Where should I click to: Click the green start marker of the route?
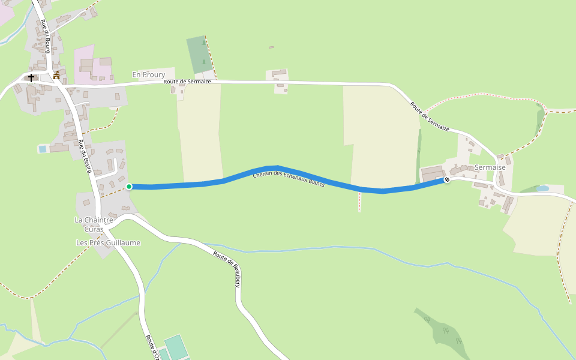tap(129, 187)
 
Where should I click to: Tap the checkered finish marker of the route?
tap(447, 179)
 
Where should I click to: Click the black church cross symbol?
tap(31, 77)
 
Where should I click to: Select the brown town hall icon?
tap(56, 76)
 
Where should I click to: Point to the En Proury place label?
tap(148, 74)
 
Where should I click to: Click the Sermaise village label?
tap(490, 167)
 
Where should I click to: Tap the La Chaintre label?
tap(94, 220)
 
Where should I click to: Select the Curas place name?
tap(94, 229)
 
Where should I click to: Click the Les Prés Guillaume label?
tap(108, 242)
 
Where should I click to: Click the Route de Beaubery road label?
tap(227, 269)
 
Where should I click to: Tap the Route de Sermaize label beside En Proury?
tap(187, 82)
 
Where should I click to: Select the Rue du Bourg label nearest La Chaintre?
tap(85, 157)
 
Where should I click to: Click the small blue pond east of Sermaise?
tap(542, 188)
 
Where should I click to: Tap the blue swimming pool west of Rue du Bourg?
tap(42, 149)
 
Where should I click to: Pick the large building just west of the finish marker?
tap(432, 174)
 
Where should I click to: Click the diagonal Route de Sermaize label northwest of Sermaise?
tap(430, 116)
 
